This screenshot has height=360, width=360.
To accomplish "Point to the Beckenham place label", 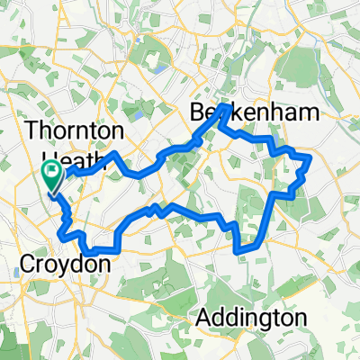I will tap(256, 112).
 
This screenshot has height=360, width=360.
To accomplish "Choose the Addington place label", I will tap(252, 319).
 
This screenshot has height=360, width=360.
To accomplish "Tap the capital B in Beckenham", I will tap(198, 112).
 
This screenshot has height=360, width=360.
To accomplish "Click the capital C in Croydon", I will tap(27, 265).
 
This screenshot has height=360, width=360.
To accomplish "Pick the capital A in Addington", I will tap(203, 319).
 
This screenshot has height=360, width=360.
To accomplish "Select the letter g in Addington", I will tap(262, 322).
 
